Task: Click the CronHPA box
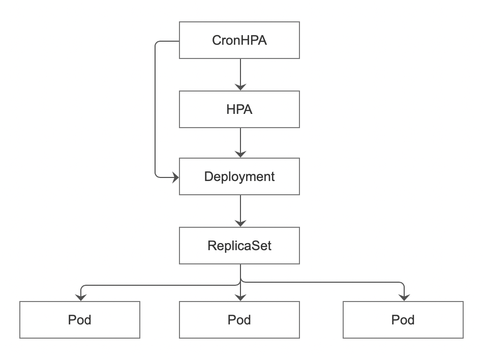tap(239, 40)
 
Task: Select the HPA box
tap(239, 109)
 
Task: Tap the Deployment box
tap(239, 176)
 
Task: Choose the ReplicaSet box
tap(239, 246)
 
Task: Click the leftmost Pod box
tap(79, 320)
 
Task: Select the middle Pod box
tap(239, 320)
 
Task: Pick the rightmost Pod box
tap(403, 320)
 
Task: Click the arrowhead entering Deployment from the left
tap(175, 177)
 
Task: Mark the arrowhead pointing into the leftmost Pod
tap(80, 297)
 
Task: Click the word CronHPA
tap(239, 40)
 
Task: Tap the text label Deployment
tap(239, 176)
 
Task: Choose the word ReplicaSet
tap(239, 246)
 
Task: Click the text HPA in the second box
tap(239, 109)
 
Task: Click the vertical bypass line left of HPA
tap(155, 109)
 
